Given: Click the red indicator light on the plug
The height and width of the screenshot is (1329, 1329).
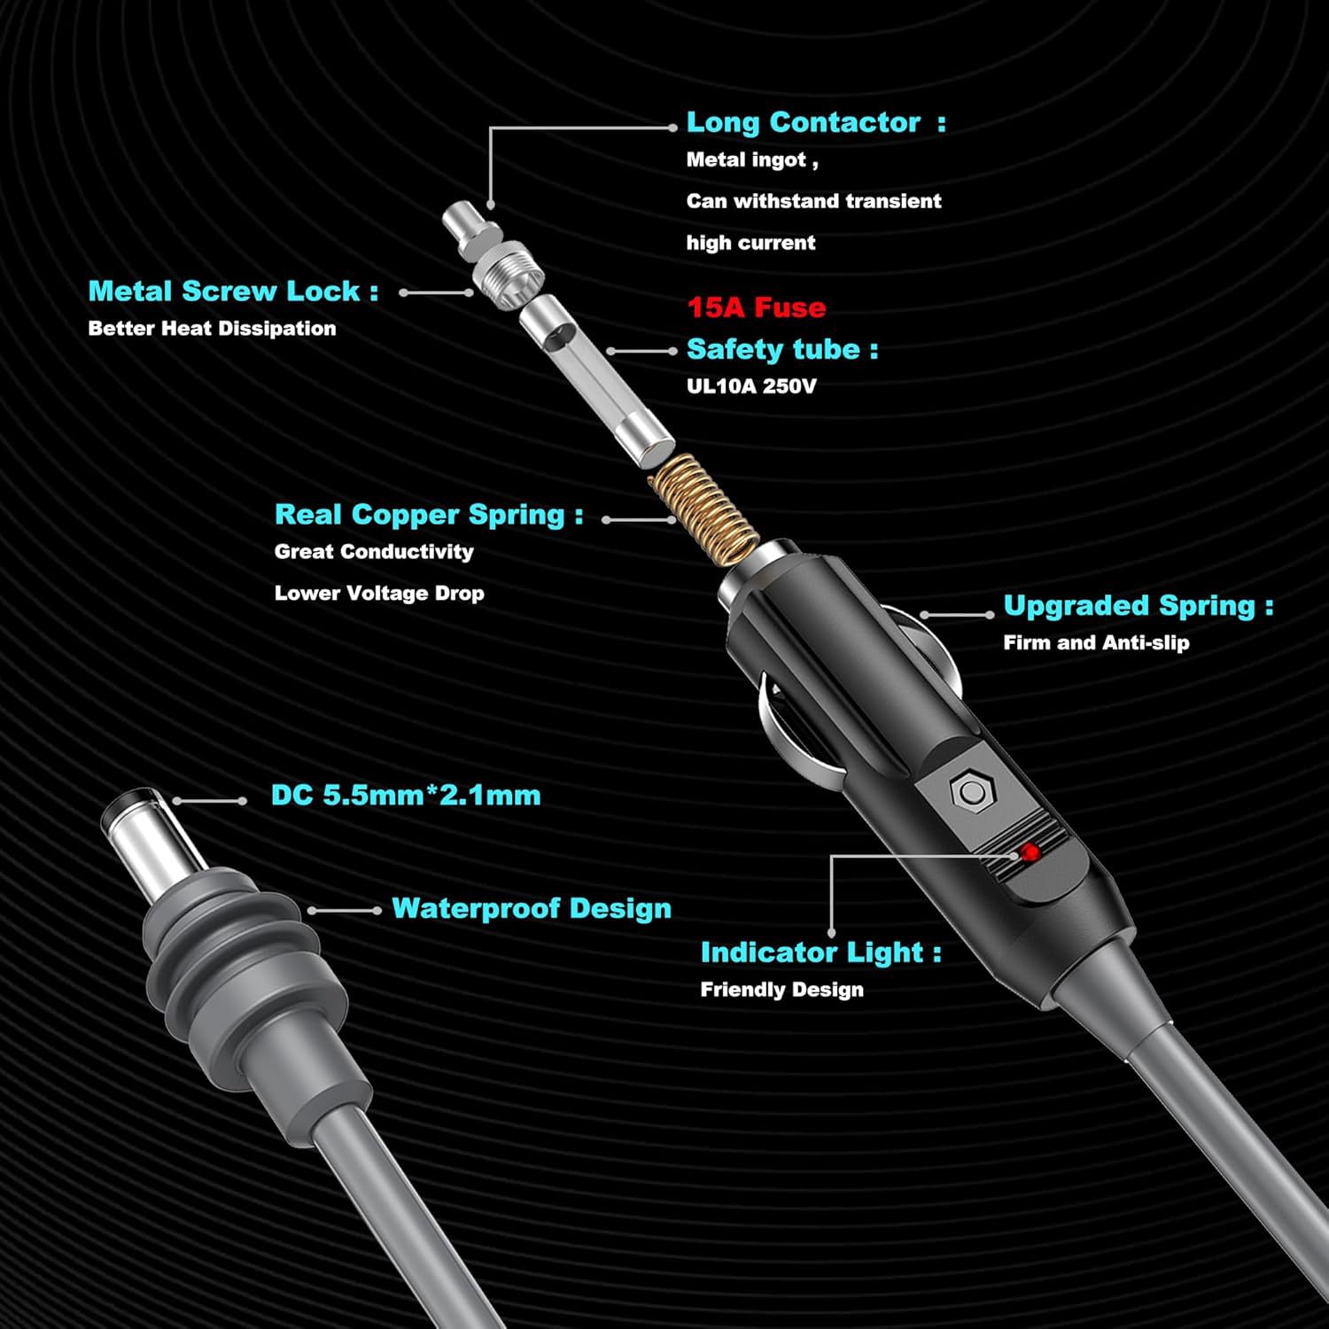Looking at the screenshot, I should click(x=1030, y=853).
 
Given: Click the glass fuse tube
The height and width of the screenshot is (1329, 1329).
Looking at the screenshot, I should click(x=596, y=376).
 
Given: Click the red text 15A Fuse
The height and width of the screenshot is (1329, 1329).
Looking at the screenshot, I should click(x=756, y=307).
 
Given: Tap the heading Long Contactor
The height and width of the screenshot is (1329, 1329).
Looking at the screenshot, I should click(x=803, y=122).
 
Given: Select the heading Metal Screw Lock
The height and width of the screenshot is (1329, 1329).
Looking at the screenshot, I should click(x=224, y=291).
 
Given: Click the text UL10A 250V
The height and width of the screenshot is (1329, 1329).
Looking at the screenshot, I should click(x=750, y=386).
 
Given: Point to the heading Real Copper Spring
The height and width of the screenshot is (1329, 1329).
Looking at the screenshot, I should click(x=419, y=514).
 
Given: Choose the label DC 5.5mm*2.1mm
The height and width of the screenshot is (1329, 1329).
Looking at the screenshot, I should click(x=406, y=795).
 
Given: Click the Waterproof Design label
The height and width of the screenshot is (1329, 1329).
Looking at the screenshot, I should click(x=531, y=908).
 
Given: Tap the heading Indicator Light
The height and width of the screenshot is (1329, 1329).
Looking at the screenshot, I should click(x=812, y=952).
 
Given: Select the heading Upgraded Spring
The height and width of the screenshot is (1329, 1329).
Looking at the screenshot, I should click(x=1129, y=605).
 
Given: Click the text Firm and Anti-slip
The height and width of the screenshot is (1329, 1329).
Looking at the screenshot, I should click(x=1096, y=643).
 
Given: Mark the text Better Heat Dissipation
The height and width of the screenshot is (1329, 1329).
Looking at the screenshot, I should click(x=212, y=329).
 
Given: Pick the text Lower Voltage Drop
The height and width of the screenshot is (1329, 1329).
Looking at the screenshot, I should click(x=379, y=593).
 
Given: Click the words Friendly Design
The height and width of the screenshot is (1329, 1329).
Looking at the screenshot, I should click(x=781, y=990).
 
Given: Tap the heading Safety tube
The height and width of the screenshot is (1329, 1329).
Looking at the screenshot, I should click(x=773, y=349).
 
